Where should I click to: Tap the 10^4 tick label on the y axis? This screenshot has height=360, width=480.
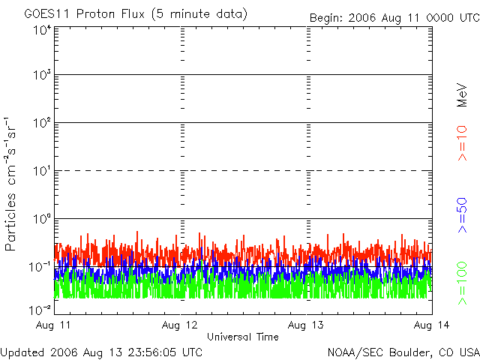(x=41, y=30)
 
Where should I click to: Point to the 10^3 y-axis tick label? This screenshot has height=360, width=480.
(x=41, y=75)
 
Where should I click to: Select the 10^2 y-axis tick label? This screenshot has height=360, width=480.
(x=41, y=122)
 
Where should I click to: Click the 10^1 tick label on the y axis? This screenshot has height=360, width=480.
(x=41, y=170)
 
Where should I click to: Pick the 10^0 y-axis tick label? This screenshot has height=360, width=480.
(x=41, y=218)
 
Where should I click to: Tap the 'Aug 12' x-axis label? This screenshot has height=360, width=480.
(x=181, y=325)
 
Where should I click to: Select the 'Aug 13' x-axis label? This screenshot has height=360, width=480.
(x=307, y=325)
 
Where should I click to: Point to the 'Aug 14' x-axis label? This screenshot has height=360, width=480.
(x=433, y=325)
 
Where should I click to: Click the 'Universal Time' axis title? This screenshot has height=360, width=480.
(x=243, y=337)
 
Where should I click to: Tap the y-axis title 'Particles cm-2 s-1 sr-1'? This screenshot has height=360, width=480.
(x=13, y=184)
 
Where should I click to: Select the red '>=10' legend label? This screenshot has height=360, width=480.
(x=463, y=143)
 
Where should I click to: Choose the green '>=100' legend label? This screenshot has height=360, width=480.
(x=463, y=282)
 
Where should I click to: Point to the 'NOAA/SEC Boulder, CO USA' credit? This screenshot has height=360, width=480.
(x=403, y=352)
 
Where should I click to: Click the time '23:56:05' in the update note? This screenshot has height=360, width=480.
(x=156, y=352)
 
